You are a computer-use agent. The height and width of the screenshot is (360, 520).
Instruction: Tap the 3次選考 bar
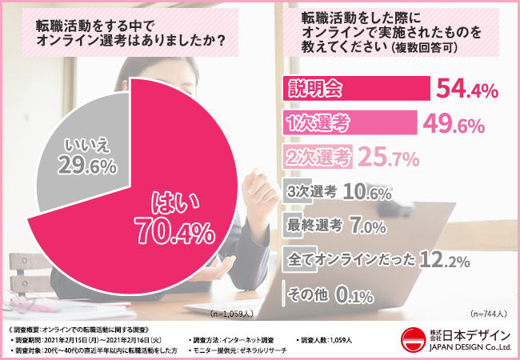point(313,192)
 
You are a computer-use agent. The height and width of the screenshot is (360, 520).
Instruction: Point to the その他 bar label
point(307,294)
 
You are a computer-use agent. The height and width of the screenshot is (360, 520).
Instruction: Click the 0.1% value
point(353,295)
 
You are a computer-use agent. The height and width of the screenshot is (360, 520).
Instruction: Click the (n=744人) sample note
point(487,314)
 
